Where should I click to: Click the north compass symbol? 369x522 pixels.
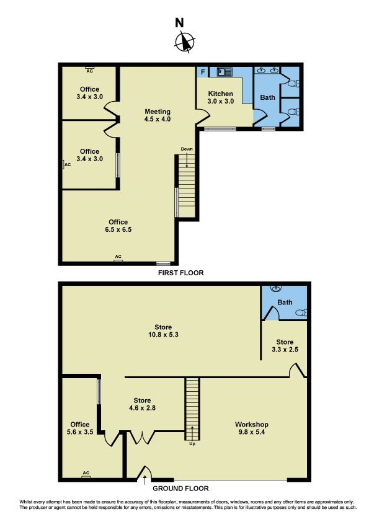(x=185, y=42)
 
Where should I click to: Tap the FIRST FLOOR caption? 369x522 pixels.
(x=180, y=273)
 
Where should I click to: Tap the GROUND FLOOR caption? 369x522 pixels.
(x=180, y=489)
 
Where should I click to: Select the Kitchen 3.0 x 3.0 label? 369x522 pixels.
(x=220, y=97)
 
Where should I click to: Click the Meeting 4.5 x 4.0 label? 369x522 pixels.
(x=158, y=115)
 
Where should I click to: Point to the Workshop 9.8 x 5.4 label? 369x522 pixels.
(x=251, y=428)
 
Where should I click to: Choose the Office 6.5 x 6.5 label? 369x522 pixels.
(x=118, y=226)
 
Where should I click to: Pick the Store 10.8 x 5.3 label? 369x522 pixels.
(x=163, y=331)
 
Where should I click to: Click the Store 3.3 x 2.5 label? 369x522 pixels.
(x=285, y=345)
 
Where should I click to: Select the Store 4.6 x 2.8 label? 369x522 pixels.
(x=142, y=404)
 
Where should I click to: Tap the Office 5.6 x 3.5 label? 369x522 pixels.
(x=80, y=428)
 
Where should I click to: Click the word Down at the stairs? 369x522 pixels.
(x=187, y=149)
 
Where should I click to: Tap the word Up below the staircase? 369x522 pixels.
(x=192, y=444)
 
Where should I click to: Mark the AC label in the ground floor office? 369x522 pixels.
(x=86, y=473)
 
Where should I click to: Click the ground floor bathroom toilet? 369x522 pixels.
(x=301, y=312)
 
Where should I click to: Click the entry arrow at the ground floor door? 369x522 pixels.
(x=145, y=480)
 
